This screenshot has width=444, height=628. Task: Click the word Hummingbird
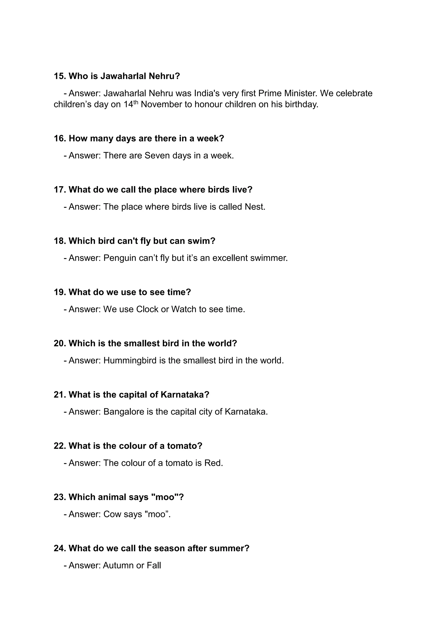[x=130, y=360]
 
